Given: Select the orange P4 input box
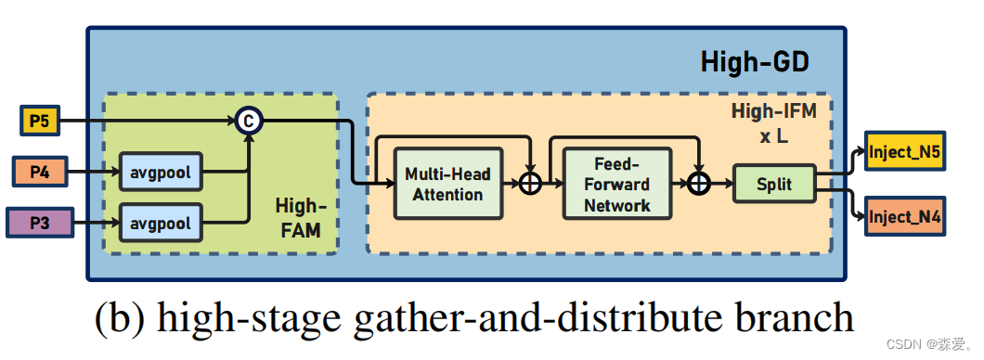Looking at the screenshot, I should [x=39, y=172].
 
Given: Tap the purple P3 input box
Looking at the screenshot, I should [x=38, y=223].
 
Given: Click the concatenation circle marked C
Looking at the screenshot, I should [x=248, y=121].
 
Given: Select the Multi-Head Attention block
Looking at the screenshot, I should [x=447, y=184].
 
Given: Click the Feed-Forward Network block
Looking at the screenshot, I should [x=617, y=184].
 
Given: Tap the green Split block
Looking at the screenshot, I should [x=773, y=184].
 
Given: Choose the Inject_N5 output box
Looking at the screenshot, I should [x=904, y=151].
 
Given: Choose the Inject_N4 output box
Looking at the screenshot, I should [x=904, y=219].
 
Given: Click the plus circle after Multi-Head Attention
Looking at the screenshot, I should [x=529, y=184].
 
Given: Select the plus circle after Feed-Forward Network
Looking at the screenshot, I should [x=699, y=184].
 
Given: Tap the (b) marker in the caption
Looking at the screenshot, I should [x=121, y=318].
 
